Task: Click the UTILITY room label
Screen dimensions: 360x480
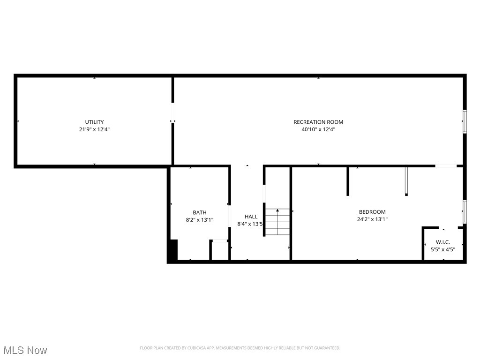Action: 94,122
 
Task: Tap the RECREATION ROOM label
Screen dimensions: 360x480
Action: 318,122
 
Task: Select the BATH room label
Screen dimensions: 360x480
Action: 199,212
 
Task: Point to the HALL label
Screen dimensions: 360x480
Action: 251,217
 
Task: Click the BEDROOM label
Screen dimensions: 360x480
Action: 372,212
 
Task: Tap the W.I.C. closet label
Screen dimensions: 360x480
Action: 443,242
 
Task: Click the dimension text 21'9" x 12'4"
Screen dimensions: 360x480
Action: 94,129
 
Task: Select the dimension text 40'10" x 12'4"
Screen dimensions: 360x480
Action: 318,129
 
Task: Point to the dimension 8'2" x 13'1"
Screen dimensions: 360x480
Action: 200,219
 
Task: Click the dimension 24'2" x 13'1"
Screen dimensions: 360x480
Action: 372,219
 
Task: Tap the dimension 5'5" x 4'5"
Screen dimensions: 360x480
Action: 443,249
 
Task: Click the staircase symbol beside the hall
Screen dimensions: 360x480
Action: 277,222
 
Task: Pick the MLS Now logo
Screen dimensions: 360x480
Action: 25,350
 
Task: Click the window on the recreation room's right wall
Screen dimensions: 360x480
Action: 465,121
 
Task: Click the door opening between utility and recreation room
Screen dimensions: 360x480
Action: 172,113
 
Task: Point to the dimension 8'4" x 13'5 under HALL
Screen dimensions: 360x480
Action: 251,224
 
